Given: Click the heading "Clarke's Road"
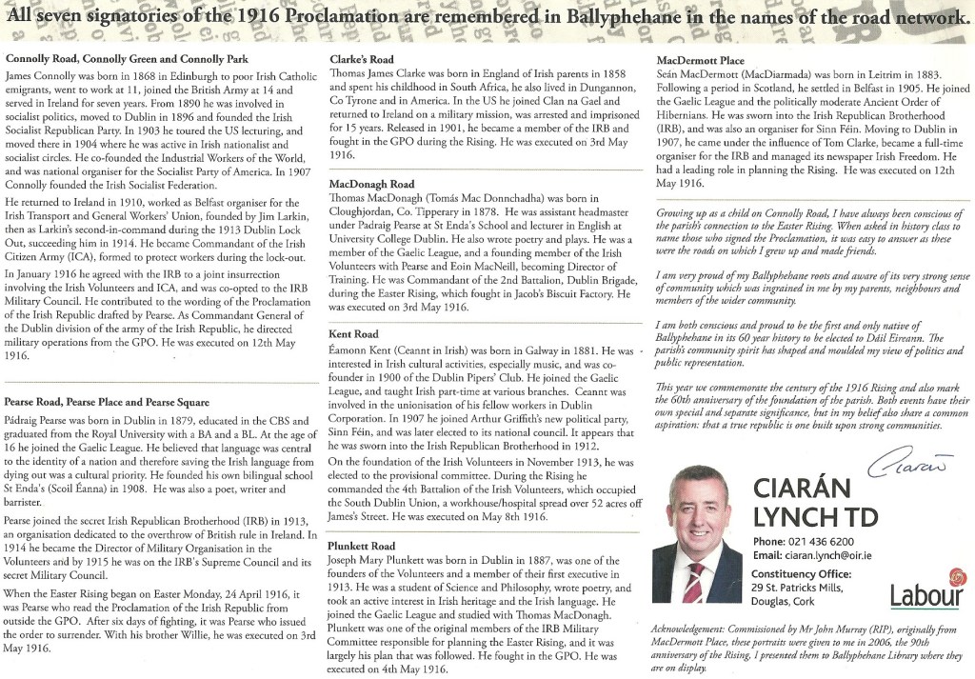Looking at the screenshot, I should (x=362, y=60).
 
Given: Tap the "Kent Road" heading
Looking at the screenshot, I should (x=353, y=335).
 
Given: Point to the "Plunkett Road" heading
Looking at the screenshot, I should (x=363, y=546).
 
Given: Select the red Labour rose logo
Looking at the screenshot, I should (x=955, y=578).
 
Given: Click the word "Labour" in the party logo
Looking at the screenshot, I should (x=925, y=597).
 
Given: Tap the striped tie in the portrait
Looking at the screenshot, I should (x=694, y=582).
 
